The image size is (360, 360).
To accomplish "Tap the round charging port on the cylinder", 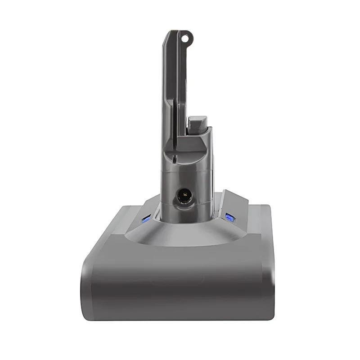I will (x=184, y=197).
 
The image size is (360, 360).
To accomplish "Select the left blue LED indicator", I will (x=145, y=219).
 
